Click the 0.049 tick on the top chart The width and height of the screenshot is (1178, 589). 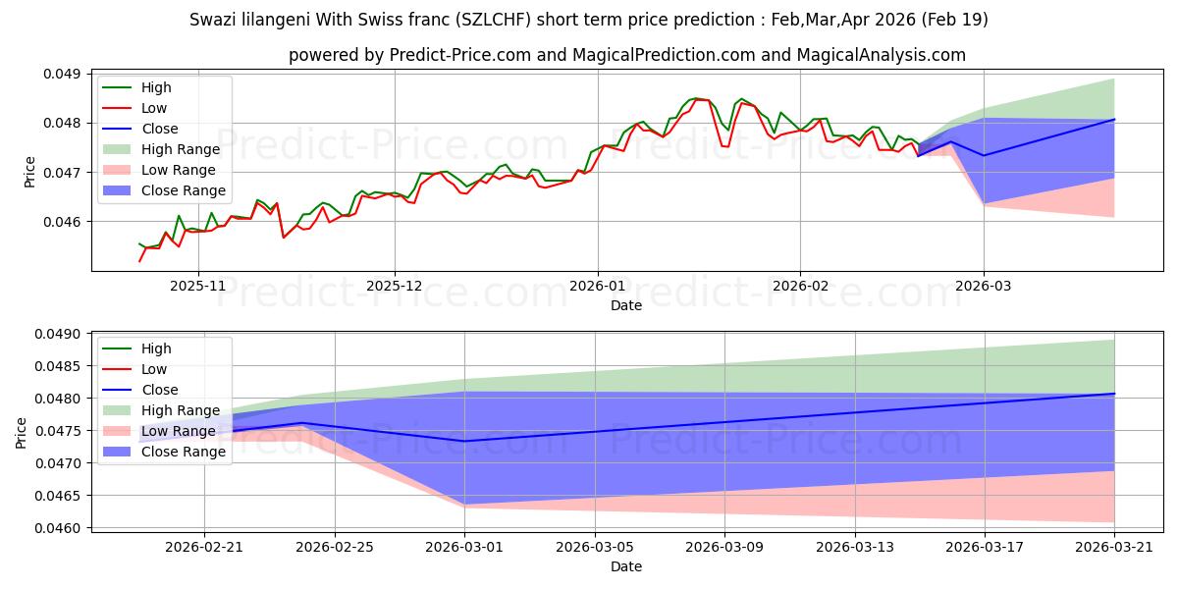[x=62, y=74]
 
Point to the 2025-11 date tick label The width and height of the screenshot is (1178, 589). [x=197, y=286]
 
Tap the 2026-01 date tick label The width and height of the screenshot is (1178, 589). [x=598, y=286]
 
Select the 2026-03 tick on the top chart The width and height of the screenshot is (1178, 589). [x=984, y=286]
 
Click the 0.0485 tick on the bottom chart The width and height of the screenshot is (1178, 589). [x=58, y=366]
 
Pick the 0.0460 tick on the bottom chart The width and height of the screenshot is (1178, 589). [x=58, y=528]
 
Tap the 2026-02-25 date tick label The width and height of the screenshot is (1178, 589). [x=335, y=547]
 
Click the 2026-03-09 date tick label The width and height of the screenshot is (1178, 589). [x=724, y=547]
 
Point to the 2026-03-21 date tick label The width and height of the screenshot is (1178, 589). [x=1114, y=547]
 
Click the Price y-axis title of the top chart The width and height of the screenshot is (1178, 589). [x=29, y=172]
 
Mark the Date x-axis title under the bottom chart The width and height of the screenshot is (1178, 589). [x=626, y=566]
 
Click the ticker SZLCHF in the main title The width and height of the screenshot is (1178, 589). [x=492, y=20]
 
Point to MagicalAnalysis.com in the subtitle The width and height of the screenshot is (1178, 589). [x=881, y=55]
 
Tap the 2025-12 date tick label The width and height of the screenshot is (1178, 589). [x=395, y=286]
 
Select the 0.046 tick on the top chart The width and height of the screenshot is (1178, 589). [x=62, y=222]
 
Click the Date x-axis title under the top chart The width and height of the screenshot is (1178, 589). [x=626, y=305]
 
